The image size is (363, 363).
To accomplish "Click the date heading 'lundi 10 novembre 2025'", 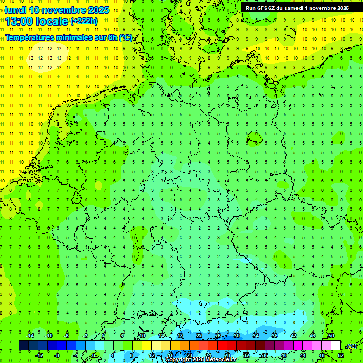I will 57,10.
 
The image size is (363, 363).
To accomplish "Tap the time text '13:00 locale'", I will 37,21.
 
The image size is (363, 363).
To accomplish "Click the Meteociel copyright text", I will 201,360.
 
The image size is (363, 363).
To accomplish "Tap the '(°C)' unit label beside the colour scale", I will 352,346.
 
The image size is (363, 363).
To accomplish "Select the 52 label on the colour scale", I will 341,355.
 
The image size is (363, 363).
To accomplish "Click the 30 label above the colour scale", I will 237,336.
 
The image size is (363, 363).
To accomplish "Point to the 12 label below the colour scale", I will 152,355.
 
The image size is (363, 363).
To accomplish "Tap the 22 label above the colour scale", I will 199,336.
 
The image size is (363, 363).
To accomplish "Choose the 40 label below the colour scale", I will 284,355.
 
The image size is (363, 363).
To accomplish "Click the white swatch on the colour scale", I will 336,346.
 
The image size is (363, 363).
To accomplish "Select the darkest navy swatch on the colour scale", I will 24,346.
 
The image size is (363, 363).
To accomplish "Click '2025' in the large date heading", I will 99,10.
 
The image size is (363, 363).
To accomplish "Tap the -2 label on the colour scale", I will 86,336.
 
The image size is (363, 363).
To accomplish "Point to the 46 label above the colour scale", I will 312,336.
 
